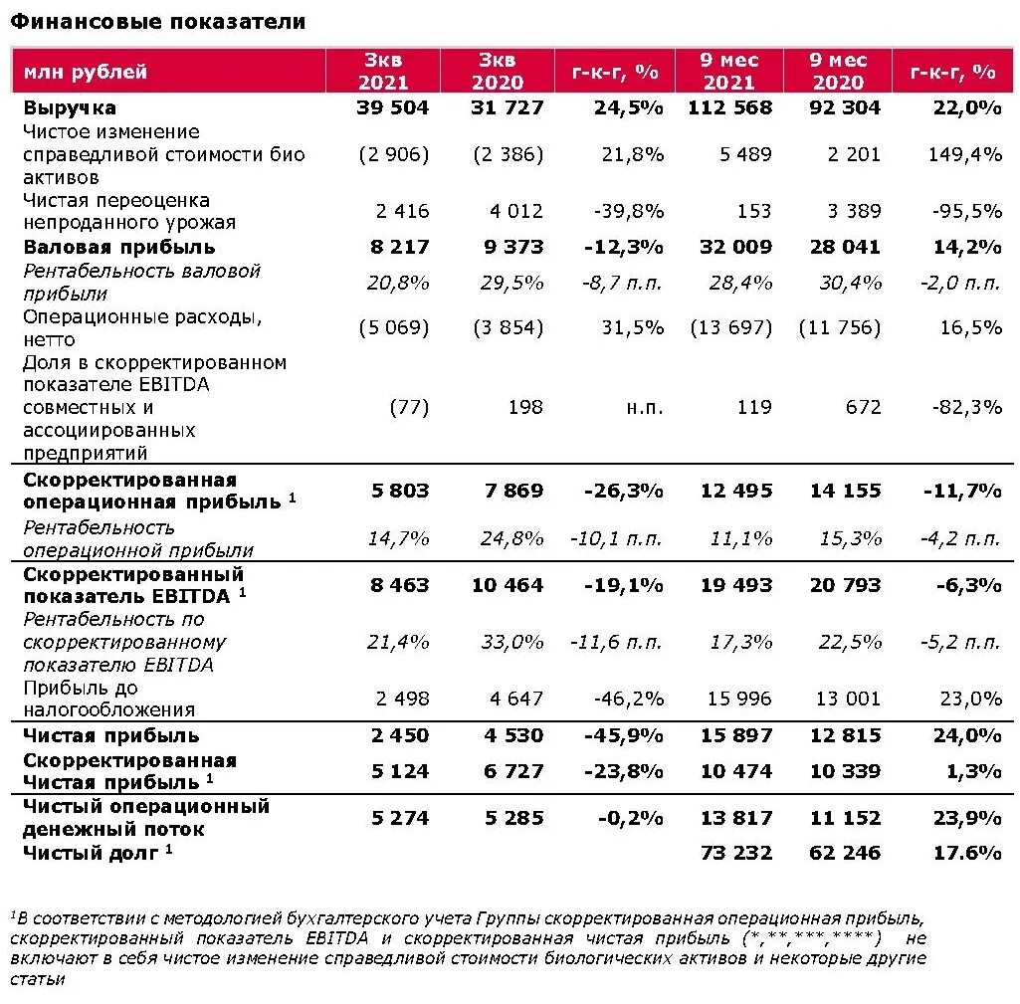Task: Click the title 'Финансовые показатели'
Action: [158, 21]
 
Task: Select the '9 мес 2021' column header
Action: [729, 71]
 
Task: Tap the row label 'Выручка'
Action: [70, 107]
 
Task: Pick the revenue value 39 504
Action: [392, 107]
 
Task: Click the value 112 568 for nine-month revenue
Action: [729, 107]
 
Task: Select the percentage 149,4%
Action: [970, 154]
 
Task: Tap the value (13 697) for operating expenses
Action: [730, 327]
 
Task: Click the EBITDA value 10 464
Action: [508, 585]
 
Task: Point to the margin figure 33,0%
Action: [512, 643]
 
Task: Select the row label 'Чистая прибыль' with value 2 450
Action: [111, 735]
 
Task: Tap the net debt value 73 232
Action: [736, 852]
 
